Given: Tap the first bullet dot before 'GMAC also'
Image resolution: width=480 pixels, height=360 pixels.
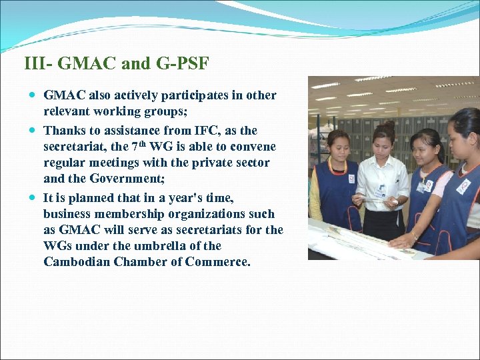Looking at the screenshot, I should [x=33, y=95].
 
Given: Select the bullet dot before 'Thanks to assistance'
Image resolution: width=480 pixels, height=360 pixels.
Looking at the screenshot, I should [x=33, y=131].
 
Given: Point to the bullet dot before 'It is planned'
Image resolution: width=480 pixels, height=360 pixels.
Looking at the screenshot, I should [x=33, y=198].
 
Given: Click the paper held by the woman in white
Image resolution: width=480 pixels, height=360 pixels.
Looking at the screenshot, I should [x=373, y=199].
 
